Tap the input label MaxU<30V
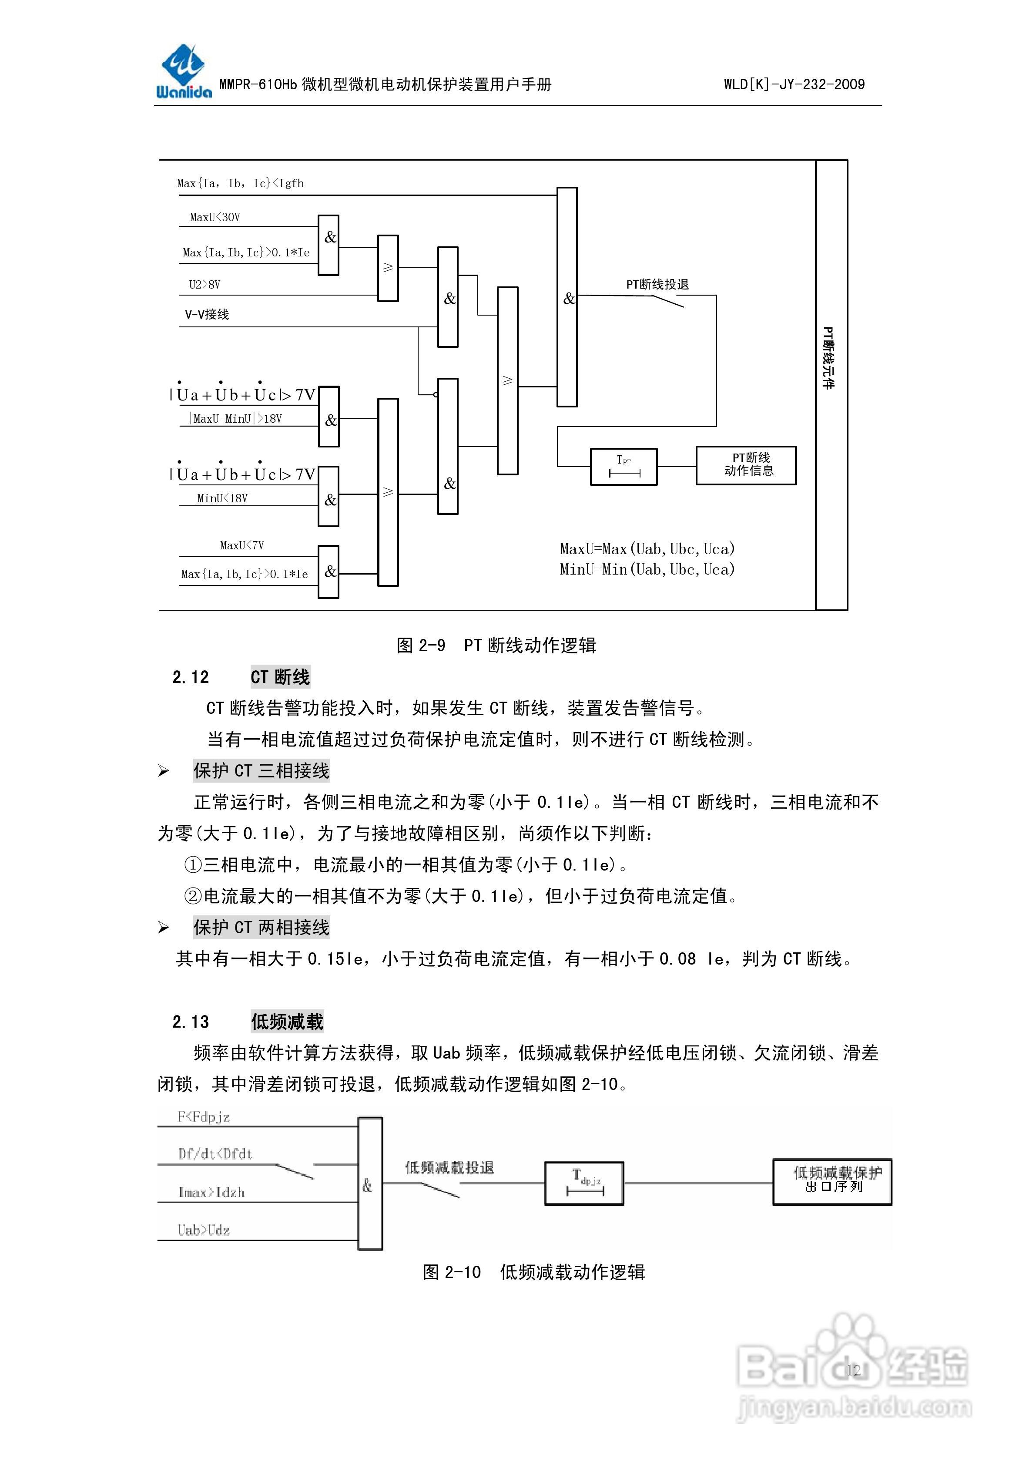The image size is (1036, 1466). click(215, 217)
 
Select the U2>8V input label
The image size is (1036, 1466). click(204, 285)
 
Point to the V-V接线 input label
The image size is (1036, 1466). click(207, 314)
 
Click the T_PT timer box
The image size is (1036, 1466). click(623, 467)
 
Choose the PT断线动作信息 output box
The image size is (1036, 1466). click(745, 465)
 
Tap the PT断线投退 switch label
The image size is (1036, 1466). click(657, 285)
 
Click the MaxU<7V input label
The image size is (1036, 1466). click(241, 545)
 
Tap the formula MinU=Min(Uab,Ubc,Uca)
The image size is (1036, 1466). click(647, 569)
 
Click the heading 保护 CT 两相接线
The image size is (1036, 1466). click(261, 927)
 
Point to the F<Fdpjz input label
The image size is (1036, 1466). click(203, 1117)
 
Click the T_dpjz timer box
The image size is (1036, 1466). click(583, 1183)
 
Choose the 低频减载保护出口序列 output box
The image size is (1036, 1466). click(832, 1181)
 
